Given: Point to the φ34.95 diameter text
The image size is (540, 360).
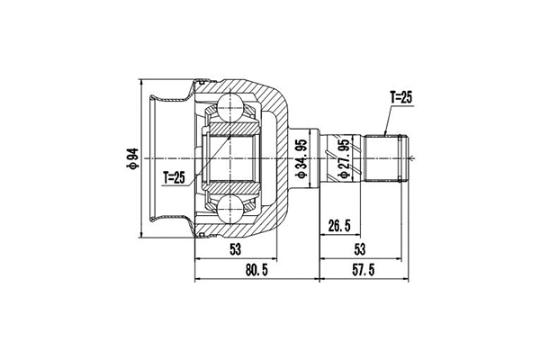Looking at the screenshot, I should (x=301, y=159).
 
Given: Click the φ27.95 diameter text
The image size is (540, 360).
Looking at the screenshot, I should (x=343, y=159).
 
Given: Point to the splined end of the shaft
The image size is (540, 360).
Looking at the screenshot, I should (x=387, y=159).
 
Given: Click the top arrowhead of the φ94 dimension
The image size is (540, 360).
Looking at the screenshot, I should (x=141, y=78).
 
